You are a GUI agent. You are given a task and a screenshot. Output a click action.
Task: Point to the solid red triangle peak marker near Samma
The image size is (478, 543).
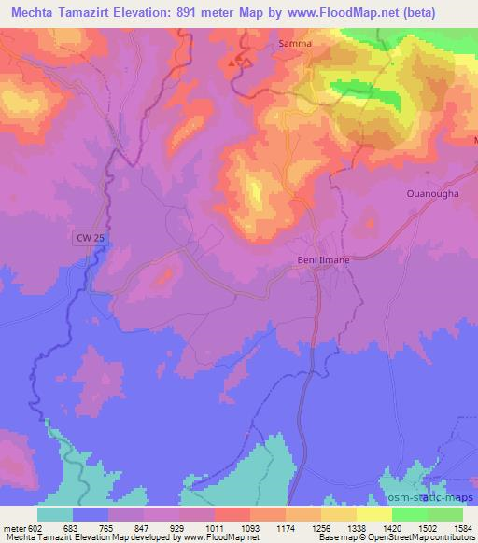click(x=232, y=63)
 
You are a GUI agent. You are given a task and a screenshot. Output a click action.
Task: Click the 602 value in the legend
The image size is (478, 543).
click(x=35, y=527)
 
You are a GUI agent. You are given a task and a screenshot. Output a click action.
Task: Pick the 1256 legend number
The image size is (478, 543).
click(x=320, y=527)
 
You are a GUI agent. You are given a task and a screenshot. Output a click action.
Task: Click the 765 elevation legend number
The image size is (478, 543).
click(x=107, y=527)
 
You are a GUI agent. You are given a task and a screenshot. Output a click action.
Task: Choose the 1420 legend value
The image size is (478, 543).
click(x=391, y=527)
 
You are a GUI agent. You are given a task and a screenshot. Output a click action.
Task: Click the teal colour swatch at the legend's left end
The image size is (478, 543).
click(x=55, y=514)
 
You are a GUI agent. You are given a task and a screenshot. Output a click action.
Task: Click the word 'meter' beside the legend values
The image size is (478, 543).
click(x=13, y=527)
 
